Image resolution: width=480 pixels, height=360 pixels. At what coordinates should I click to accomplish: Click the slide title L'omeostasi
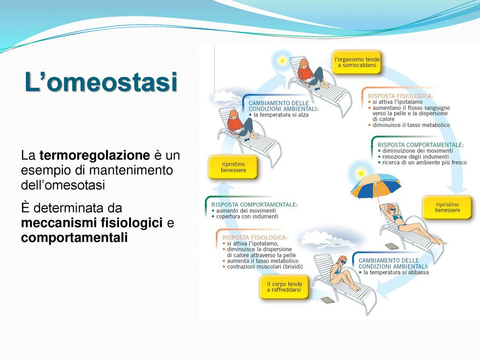tap(101, 83)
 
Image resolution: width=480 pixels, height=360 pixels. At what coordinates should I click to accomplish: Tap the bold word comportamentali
tap(74, 238)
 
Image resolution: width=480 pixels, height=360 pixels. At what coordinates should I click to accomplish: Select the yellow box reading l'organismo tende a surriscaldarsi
tap(357, 63)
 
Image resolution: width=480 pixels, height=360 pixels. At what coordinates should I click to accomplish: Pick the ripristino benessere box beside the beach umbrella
tap(447, 207)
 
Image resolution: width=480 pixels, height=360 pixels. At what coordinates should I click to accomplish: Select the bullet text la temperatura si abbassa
tap(396, 272)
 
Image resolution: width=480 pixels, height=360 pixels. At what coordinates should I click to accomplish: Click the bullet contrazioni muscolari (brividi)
tap(265, 267)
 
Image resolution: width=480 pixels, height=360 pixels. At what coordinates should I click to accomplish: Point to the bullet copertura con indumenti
tap(247, 217)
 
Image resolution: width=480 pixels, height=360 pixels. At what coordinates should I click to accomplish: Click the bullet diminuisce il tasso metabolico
tap(411, 125)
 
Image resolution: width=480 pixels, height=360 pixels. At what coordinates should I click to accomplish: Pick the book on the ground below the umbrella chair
tap(390, 246)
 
